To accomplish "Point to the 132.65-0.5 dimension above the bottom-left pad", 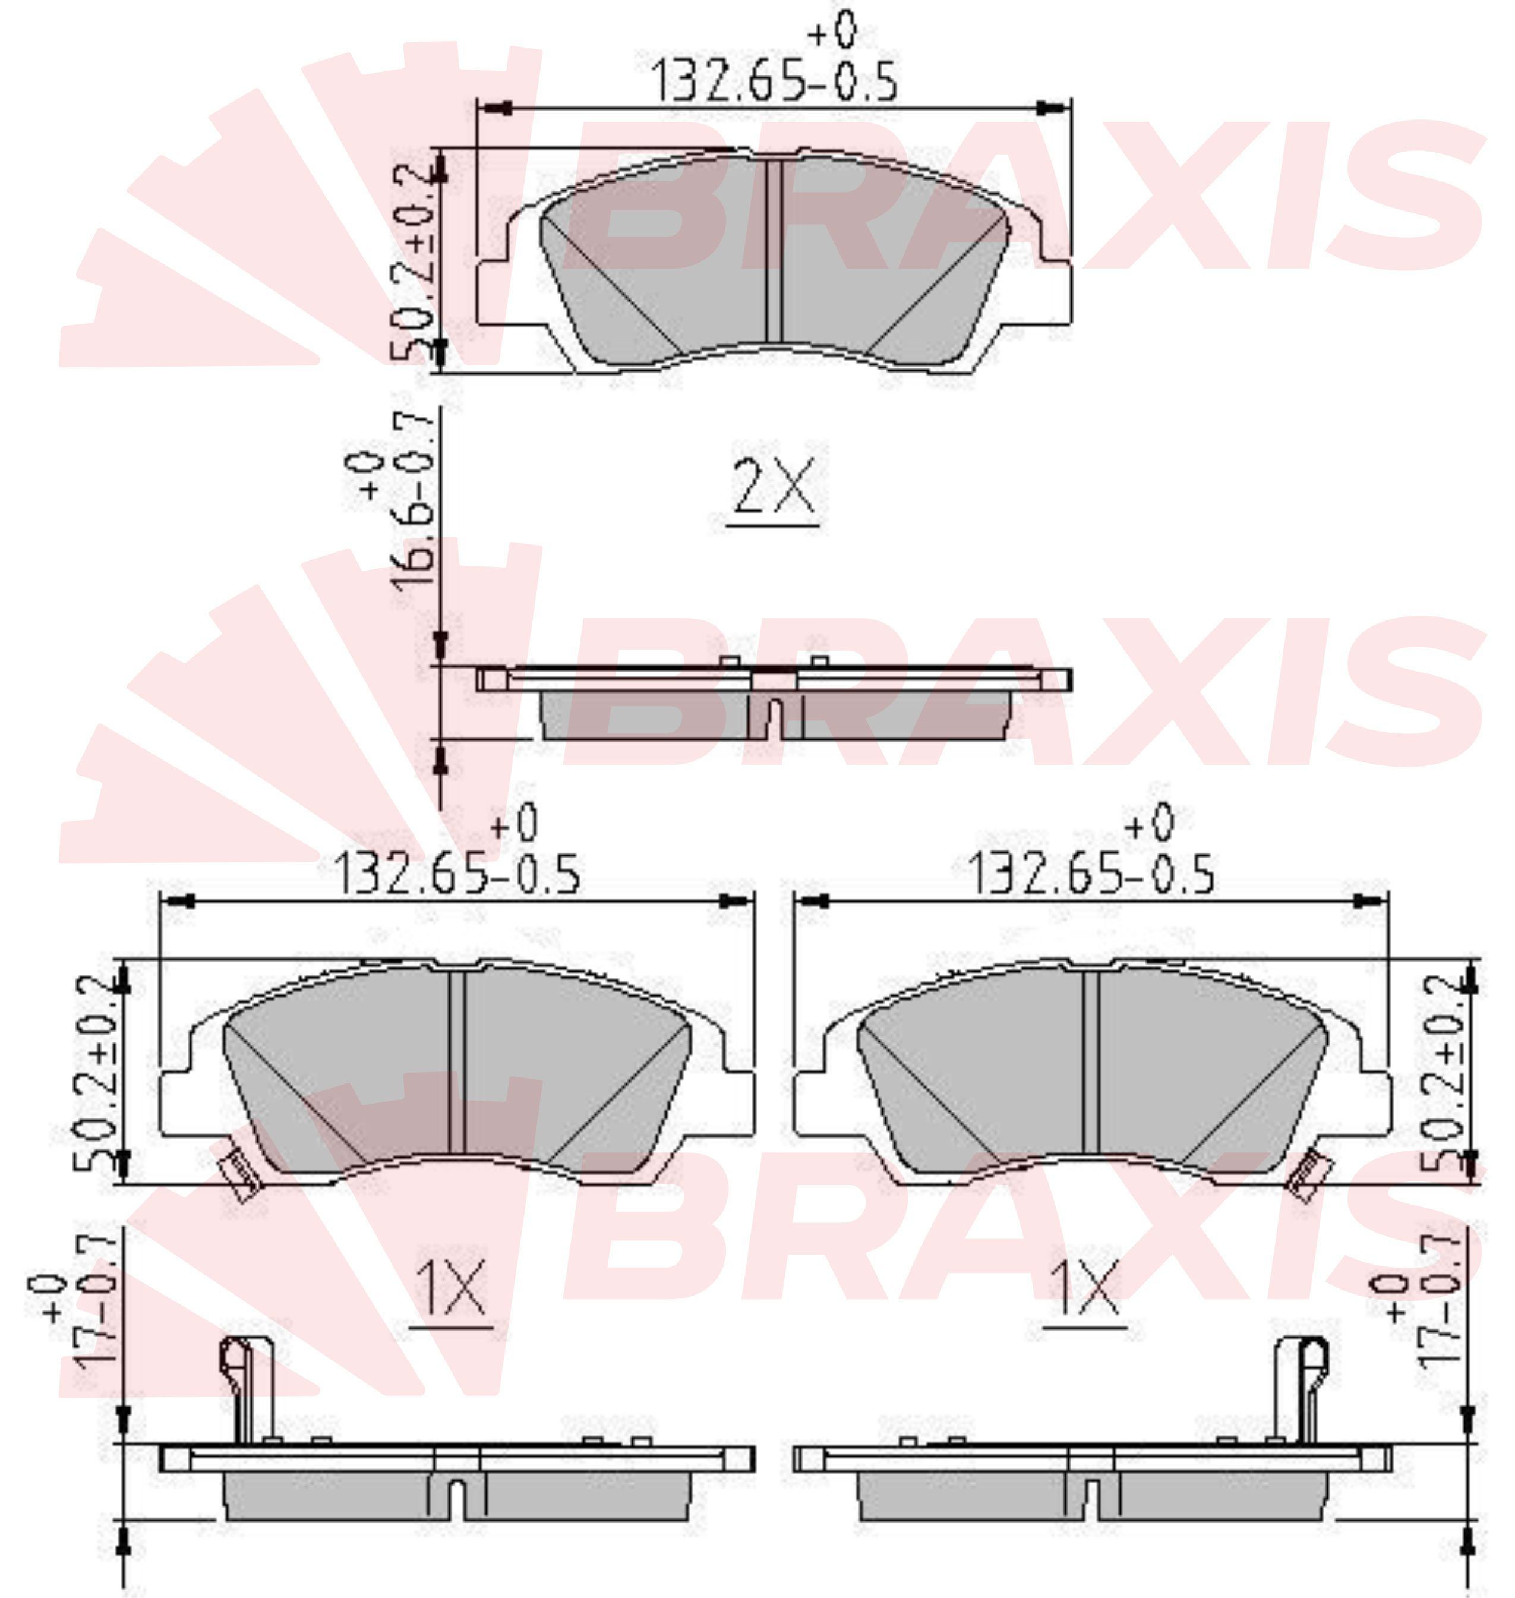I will [x=457, y=874].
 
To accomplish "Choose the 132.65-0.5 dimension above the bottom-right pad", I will [x=1090, y=874].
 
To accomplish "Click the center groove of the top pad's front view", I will [x=774, y=250].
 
